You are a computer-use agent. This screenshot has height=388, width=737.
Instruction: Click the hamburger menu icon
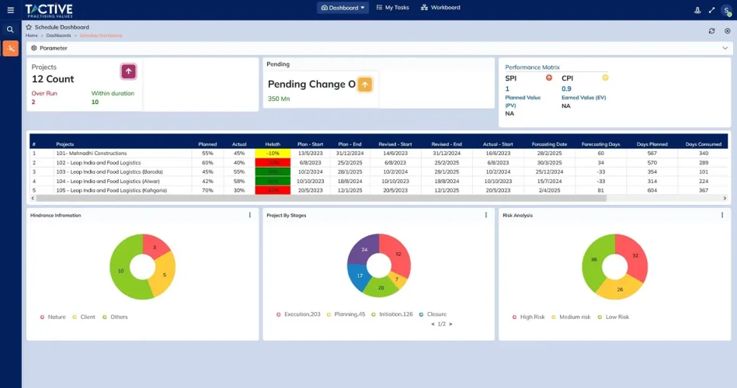(10, 9)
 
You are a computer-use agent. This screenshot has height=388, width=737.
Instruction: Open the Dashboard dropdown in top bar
(342, 8)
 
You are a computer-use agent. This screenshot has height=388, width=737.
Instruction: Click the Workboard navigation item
(440, 8)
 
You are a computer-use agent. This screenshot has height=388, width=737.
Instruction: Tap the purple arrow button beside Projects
(129, 71)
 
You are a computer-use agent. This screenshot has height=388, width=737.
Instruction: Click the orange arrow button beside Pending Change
(365, 85)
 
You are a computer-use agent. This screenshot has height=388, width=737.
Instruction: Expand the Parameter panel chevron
(725, 48)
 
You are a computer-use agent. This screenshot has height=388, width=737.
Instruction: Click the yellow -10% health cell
(273, 153)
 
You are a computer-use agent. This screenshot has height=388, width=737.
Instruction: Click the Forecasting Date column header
(549, 144)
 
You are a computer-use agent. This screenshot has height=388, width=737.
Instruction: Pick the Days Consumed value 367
(703, 190)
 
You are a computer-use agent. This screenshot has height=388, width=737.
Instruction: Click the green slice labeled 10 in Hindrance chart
(122, 271)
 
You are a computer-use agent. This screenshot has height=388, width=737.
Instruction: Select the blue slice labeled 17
(360, 275)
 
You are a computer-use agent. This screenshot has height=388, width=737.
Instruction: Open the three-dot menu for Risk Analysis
(721, 215)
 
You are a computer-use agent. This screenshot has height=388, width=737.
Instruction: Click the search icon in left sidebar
(10, 29)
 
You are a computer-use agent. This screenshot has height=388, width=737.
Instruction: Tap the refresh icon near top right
(711, 31)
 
